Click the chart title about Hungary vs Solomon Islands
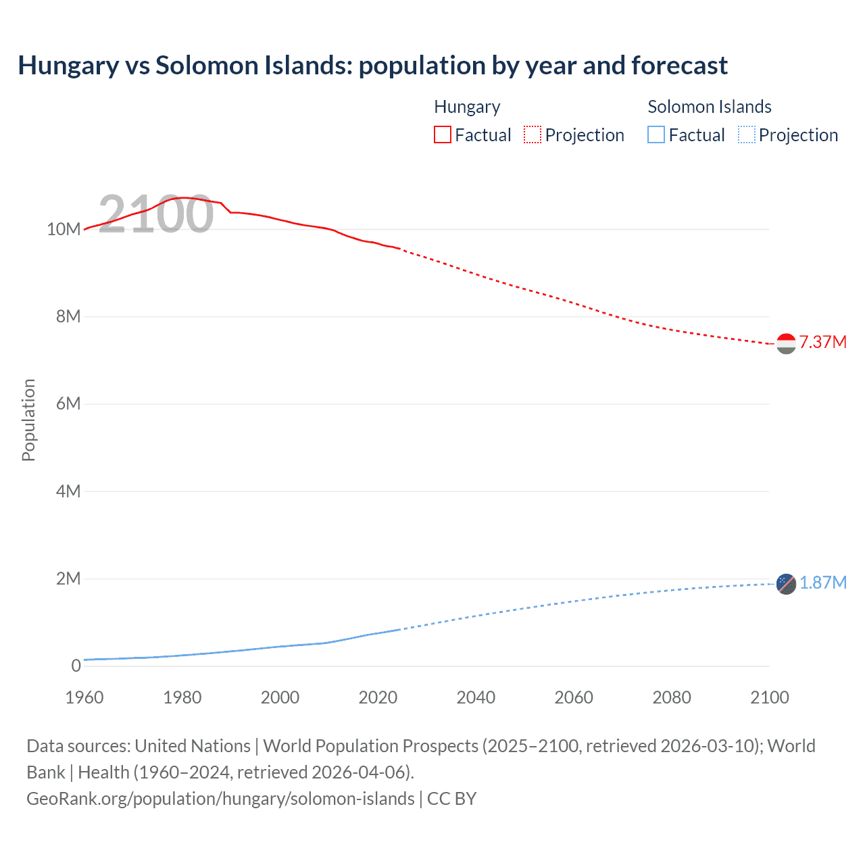pyautogui.click(x=372, y=66)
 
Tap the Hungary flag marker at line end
pyautogui.click(x=786, y=343)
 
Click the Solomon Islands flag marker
pyautogui.click(x=786, y=584)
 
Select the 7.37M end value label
pyautogui.click(x=822, y=342)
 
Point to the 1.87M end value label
pyautogui.click(x=822, y=583)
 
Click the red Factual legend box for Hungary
pyautogui.click(x=443, y=135)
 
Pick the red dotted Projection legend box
pyautogui.click(x=533, y=135)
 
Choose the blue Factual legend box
pyautogui.click(x=656, y=135)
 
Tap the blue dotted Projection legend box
pyautogui.click(x=747, y=135)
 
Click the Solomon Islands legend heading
pyautogui.click(x=709, y=107)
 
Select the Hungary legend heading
pyautogui.click(x=467, y=107)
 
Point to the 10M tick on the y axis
pyautogui.click(x=64, y=229)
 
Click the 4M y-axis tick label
pyautogui.click(x=68, y=491)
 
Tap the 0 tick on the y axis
pyautogui.click(x=76, y=666)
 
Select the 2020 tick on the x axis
pyautogui.click(x=378, y=697)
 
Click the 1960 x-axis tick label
pyautogui.click(x=84, y=697)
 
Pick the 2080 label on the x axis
pyautogui.click(x=671, y=697)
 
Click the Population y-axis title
pyautogui.click(x=28, y=420)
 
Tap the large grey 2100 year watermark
pyautogui.click(x=156, y=214)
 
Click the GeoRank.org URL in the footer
pyautogui.click(x=220, y=799)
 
